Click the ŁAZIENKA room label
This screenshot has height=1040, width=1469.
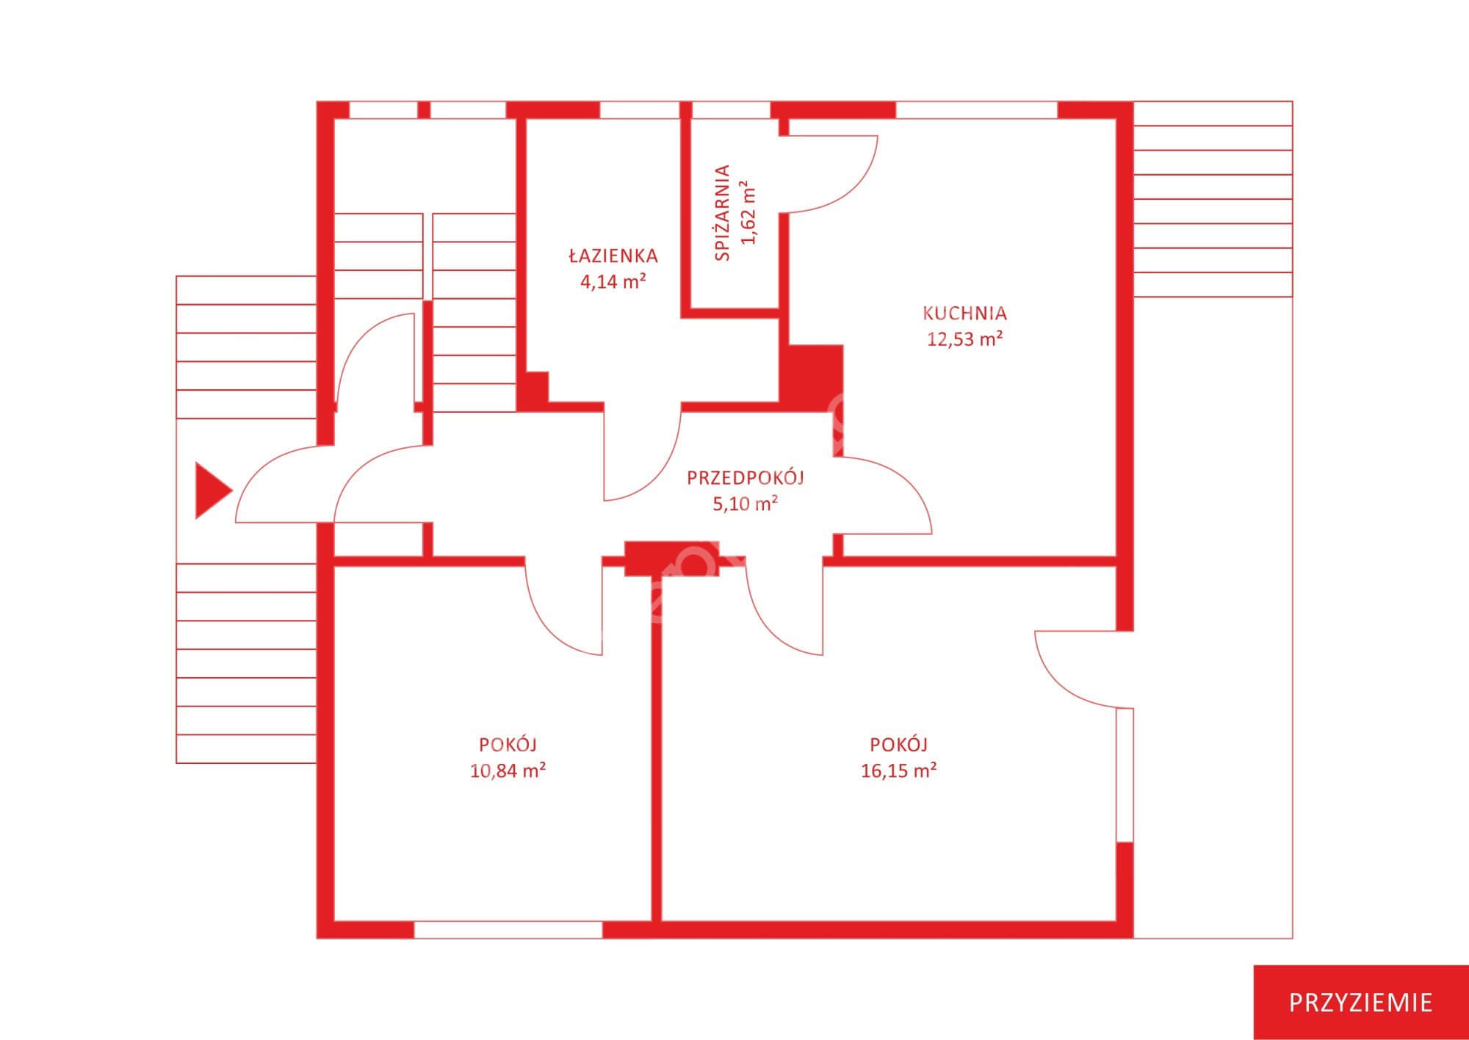coord(613,256)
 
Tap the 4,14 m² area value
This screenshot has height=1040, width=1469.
coord(613,281)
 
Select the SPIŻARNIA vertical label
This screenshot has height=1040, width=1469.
coord(722,213)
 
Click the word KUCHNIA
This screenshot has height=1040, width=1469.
coord(964,314)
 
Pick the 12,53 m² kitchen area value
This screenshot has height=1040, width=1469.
coord(965,339)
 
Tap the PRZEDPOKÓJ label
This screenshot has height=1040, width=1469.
coord(746,477)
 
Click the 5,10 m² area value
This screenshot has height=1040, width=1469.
coord(746,504)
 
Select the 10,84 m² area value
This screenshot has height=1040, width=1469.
coord(508,770)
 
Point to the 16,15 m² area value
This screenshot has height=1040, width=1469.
coord(898,770)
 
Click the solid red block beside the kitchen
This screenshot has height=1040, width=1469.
coord(811,374)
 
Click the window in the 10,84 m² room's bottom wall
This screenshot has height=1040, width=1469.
coord(508,929)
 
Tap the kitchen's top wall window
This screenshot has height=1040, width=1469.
coord(977,110)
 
